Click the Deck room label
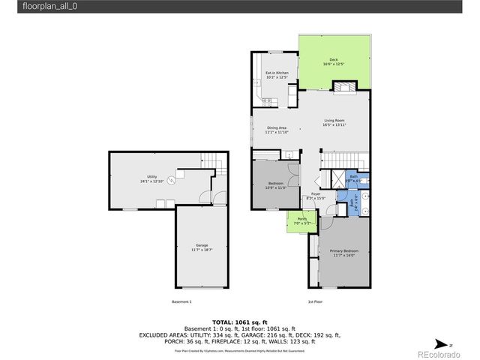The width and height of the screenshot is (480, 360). pyautogui.click(x=333, y=61)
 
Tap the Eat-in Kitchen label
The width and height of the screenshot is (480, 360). pyautogui.click(x=276, y=74)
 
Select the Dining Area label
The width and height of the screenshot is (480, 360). pyautogui.click(x=276, y=129)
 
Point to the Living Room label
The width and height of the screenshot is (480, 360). pyautogui.click(x=334, y=122)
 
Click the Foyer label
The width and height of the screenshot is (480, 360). pyautogui.click(x=316, y=196)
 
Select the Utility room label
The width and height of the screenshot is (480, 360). pyautogui.click(x=151, y=178)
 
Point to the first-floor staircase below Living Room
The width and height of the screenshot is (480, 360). pyautogui.click(x=344, y=160)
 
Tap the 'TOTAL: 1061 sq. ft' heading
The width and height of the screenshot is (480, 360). pyautogui.click(x=241, y=320)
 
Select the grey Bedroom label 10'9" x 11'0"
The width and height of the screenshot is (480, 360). pyautogui.click(x=276, y=184)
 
